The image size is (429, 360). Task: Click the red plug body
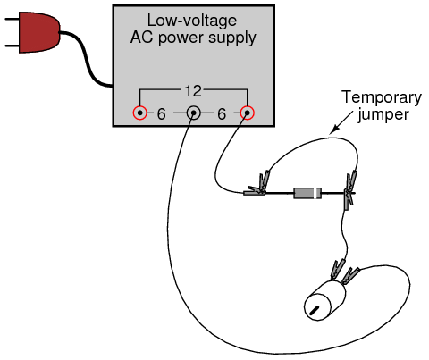tap(38, 33)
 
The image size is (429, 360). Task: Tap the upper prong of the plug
tap(12, 20)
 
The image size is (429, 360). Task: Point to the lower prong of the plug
tap(12, 46)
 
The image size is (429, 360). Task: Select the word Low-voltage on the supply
tap(192, 21)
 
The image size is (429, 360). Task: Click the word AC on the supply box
tap(142, 38)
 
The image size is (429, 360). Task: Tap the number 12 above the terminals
tap(193, 90)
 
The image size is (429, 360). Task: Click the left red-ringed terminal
tap(139, 113)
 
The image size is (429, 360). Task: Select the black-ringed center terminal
tap(193, 113)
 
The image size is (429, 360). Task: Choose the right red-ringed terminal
tap(247, 113)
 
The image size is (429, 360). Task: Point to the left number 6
tap(162, 114)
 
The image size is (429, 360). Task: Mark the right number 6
tap(222, 114)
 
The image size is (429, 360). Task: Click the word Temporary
tap(382, 98)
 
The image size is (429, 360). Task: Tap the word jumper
tap(383, 114)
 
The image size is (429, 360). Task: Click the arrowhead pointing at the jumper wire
tap(334, 129)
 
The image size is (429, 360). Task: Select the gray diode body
tap(307, 193)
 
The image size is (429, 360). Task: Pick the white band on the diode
tap(315, 193)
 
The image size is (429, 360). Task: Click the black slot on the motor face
tap(315, 310)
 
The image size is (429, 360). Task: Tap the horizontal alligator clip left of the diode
tap(254, 191)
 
